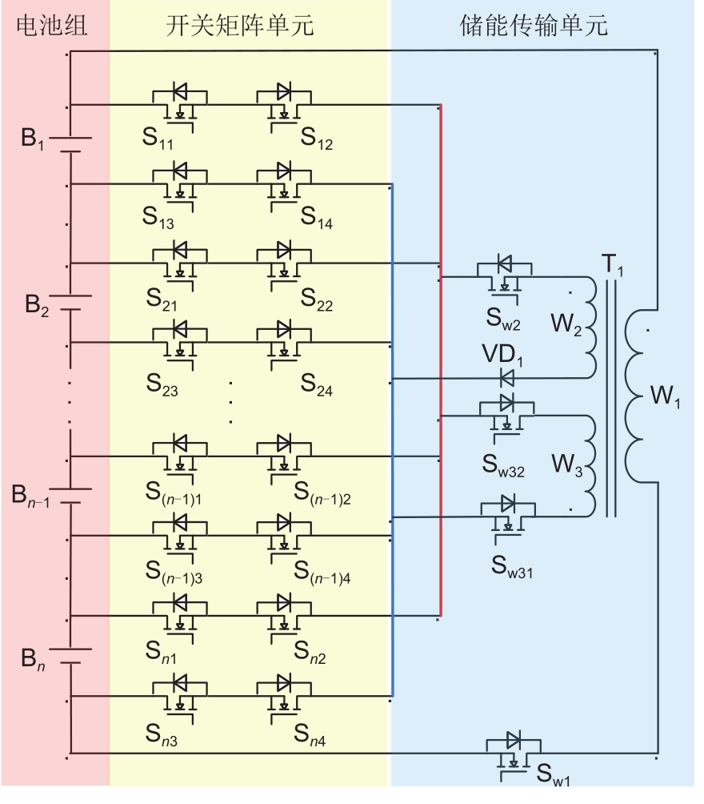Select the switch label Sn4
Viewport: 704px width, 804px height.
[x=311, y=734]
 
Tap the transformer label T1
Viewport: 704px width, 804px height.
[x=614, y=265]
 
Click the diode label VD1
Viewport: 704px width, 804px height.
[x=502, y=355]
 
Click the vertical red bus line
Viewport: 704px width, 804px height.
[x=440, y=360]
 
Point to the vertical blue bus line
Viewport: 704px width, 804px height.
[x=392, y=440]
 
